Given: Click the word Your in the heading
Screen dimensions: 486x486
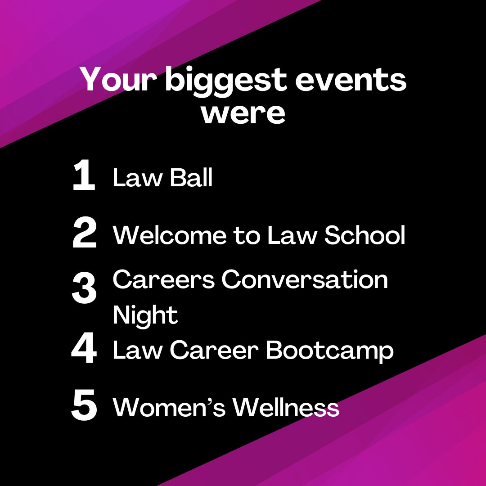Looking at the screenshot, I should pos(118,80).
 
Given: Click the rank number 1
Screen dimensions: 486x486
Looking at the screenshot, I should pos(84,176).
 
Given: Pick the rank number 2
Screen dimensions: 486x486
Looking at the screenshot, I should pos(84,234).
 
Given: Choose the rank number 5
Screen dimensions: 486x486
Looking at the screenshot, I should pos(84,406).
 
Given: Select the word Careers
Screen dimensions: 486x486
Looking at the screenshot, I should pos(164,279).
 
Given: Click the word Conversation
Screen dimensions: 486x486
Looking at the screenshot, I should pos(305,279).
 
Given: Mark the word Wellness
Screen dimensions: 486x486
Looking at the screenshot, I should pos(286,407).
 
